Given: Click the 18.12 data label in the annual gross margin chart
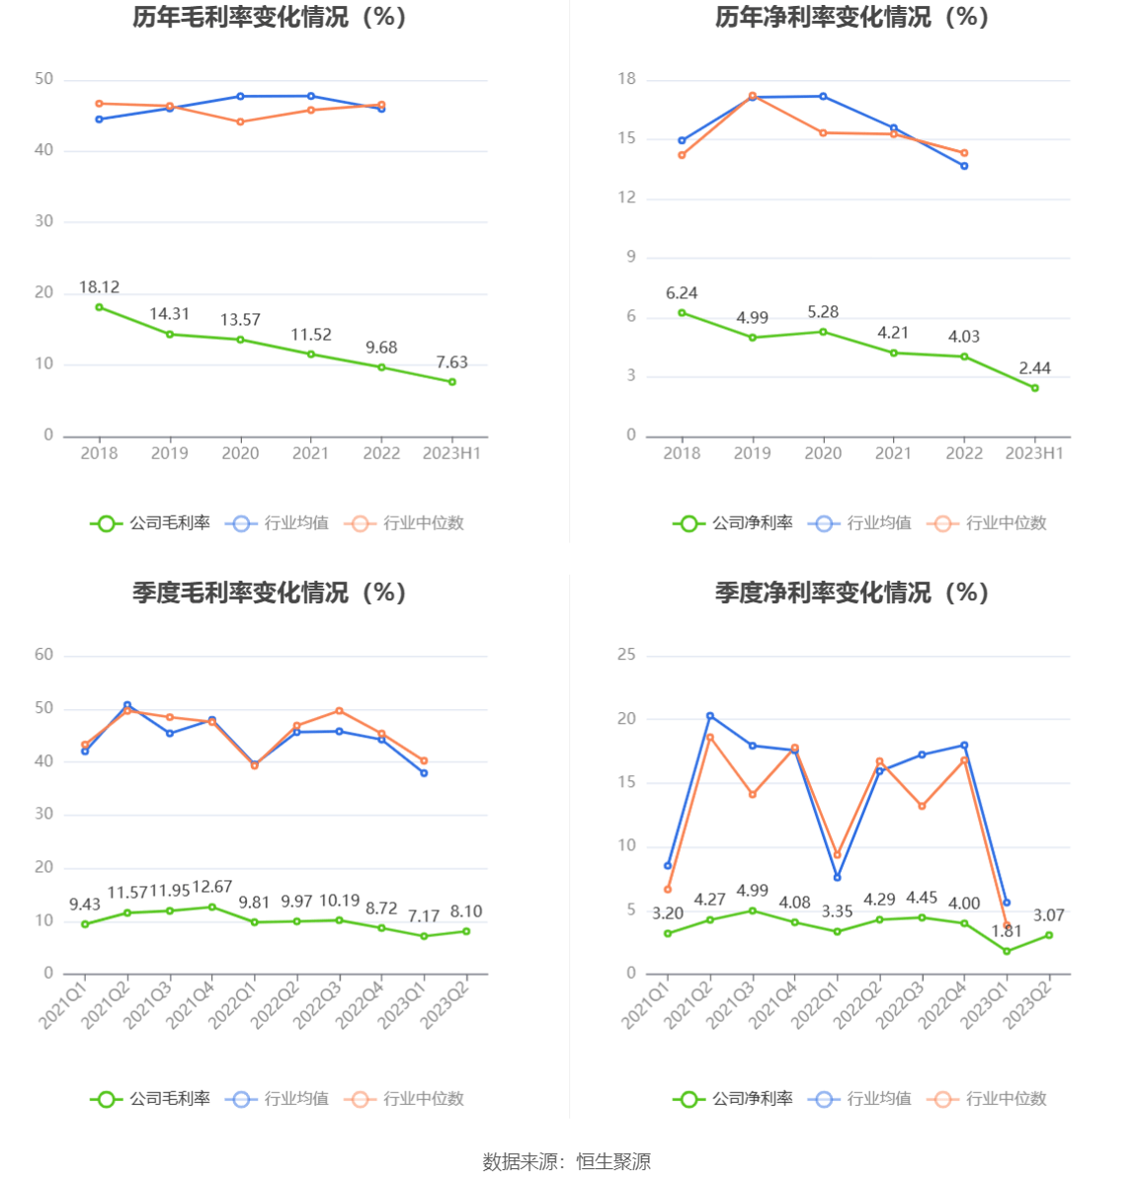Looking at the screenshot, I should (x=99, y=287).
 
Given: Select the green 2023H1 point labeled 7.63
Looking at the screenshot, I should (x=452, y=382).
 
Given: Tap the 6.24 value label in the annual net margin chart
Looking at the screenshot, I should (x=682, y=293).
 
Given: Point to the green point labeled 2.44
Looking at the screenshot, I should (x=1035, y=388).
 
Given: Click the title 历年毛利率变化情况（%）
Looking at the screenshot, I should (x=270, y=18).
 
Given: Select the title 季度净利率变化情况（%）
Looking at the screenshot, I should (x=851, y=593).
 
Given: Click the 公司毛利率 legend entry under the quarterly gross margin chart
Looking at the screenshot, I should (x=151, y=1099).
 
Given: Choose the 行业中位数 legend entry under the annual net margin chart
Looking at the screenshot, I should (x=987, y=523).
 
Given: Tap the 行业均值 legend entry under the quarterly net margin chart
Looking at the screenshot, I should (x=859, y=1099).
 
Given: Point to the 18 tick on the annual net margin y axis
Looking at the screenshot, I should (x=627, y=79).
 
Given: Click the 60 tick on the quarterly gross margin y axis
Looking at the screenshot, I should (x=44, y=655).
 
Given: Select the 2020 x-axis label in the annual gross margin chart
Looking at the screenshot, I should (x=240, y=453).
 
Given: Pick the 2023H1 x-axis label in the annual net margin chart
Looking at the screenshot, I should (x=1034, y=453).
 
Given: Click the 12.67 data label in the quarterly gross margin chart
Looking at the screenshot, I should (x=212, y=887).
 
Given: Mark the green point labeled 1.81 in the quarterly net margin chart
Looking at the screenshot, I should (x=1007, y=951).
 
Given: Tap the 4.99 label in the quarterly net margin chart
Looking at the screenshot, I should (x=753, y=891).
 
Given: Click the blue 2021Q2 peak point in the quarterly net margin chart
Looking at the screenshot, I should (x=710, y=716).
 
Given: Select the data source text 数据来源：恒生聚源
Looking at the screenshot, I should (x=567, y=1162).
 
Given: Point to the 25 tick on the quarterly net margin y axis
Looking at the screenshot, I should (x=627, y=655).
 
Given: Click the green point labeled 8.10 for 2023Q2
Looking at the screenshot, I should (x=466, y=931).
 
